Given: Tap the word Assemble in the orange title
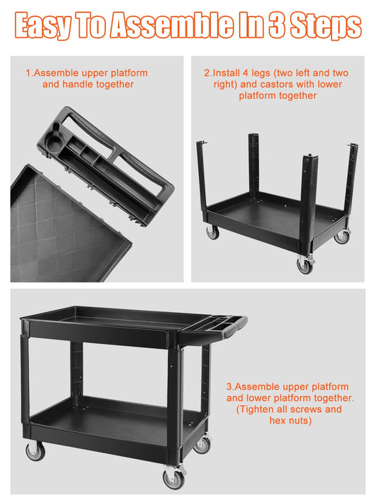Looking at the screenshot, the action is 171,25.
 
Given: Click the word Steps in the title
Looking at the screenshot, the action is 326,26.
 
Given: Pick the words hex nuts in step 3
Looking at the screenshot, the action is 289,420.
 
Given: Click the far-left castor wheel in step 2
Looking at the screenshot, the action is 212,232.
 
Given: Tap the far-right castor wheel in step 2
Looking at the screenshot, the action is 341,236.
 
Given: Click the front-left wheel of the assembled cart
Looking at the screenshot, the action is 35,451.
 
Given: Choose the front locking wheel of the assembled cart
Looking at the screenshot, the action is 174,478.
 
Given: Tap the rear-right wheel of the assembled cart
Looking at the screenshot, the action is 202,444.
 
